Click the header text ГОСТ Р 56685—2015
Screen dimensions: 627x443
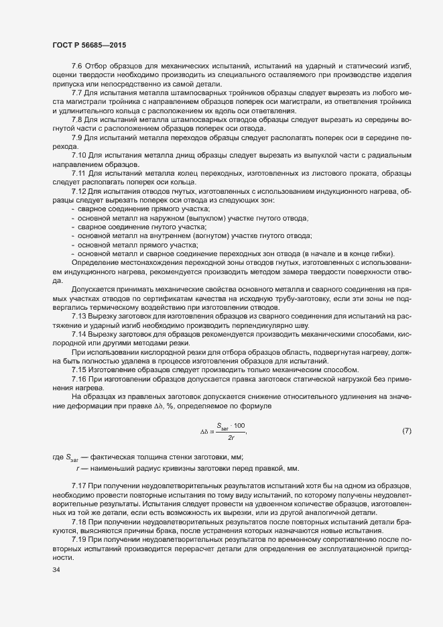point(88,45)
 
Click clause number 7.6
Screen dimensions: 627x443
point(76,66)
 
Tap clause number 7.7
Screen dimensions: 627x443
point(76,92)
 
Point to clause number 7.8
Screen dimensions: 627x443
point(76,118)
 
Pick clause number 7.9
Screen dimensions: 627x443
point(76,136)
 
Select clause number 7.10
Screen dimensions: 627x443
point(78,154)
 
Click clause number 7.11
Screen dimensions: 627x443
point(78,172)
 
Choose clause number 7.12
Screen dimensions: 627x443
point(78,191)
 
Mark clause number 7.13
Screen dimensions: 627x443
point(78,315)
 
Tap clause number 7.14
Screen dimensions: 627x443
point(78,333)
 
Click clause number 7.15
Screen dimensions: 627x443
point(78,369)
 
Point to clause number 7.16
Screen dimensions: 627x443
point(78,379)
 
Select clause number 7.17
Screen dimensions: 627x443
point(78,485)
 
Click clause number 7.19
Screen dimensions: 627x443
point(78,539)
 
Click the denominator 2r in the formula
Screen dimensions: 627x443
point(231,437)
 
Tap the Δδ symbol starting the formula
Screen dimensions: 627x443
point(204,431)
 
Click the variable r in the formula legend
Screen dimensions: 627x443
point(78,467)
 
